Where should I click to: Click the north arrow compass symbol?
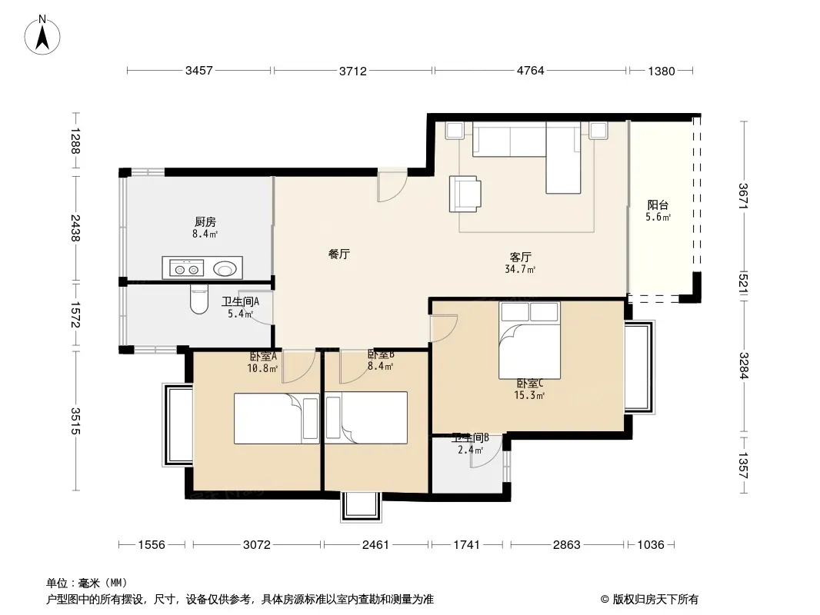(x=42, y=35)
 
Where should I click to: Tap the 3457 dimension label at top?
(x=199, y=71)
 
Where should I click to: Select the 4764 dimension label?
(x=530, y=71)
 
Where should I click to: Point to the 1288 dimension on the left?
(x=75, y=141)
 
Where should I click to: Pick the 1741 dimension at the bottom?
(x=466, y=545)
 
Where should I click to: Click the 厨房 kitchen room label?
(x=205, y=222)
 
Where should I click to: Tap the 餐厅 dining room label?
(x=339, y=254)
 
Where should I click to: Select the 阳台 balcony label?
(x=658, y=204)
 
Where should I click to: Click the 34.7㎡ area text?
(x=520, y=270)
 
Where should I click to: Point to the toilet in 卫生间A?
(x=198, y=299)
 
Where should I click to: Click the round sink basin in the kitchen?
(x=225, y=269)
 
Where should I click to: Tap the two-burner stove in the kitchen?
(x=187, y=269)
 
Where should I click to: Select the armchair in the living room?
(x=465, y=194)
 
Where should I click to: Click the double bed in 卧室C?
(x=530, y=340)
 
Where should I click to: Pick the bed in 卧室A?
(x=276, y=418)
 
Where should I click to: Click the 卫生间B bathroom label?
(x=470, y=437)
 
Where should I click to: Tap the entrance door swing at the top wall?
(x=392, y=185)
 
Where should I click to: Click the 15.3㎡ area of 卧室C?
(x=529, y=396)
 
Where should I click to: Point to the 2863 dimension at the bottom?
(x=567, y=545)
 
